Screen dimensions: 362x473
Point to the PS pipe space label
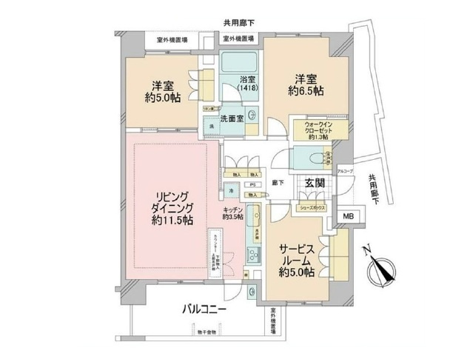tap(252, 186)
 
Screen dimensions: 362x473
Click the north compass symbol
tap(385, 272)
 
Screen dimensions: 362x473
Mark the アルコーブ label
tap(346, 172)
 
